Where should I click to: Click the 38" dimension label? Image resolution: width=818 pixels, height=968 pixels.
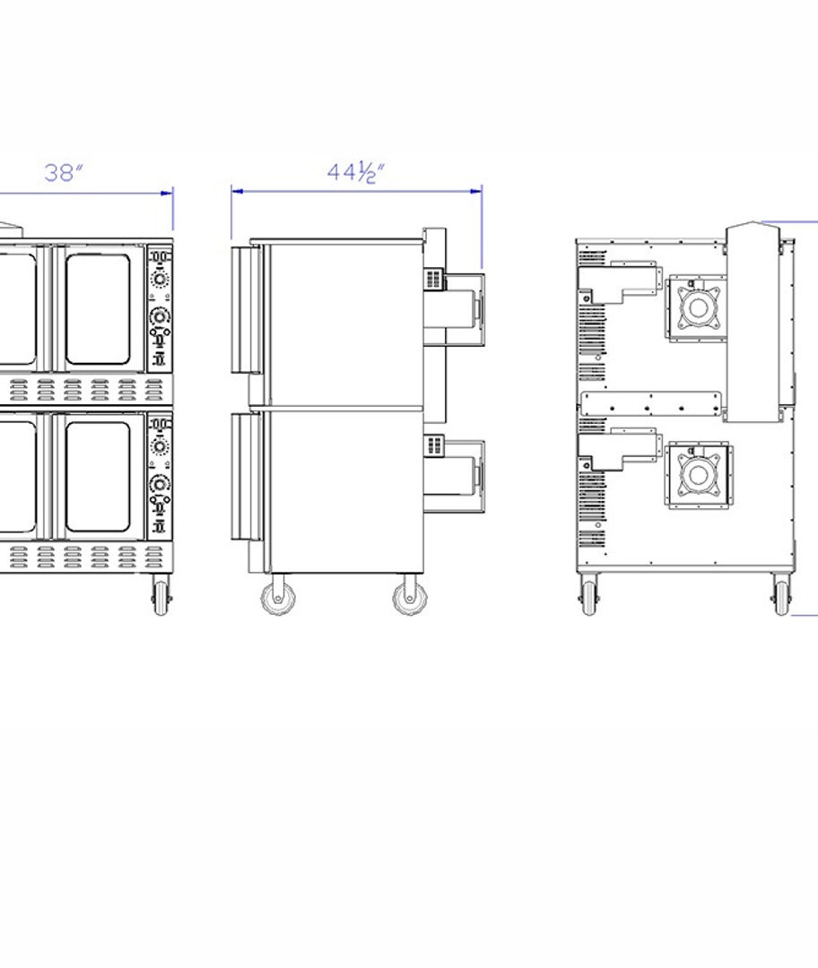click(63, 173)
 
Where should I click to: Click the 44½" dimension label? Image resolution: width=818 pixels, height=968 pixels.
click(355, 172)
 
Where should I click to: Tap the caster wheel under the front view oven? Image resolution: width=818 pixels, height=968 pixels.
click(161, 596)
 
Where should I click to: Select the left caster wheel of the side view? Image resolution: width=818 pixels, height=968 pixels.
click(277, 595)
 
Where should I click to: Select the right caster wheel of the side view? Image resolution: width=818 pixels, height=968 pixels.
click(410, 595)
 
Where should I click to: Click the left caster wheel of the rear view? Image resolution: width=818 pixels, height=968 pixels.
click(589, 595)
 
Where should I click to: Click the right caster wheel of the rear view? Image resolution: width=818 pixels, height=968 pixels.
click(781, 595)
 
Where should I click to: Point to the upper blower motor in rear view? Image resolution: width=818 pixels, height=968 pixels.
click(698, 307)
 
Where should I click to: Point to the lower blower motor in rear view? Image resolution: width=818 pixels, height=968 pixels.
click(698, 475)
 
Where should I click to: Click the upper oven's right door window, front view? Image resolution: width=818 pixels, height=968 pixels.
click(98, 308)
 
